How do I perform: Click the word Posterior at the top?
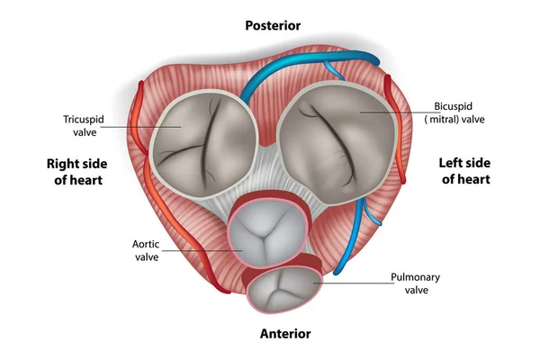point(272,25)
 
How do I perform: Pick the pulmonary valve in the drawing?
point(283,290)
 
